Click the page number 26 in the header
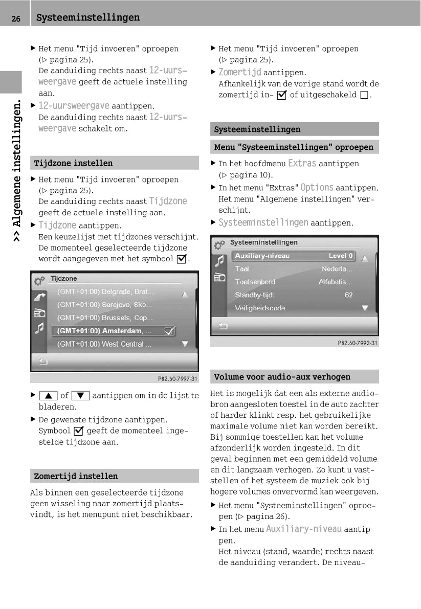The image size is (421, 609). point(16,18)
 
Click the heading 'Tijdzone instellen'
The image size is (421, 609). point(73,163)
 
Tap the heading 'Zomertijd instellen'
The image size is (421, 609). point(76,476)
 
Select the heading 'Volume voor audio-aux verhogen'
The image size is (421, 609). point(282,377)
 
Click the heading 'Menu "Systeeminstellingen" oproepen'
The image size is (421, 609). point(294,147)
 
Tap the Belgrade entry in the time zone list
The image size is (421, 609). point(105,292)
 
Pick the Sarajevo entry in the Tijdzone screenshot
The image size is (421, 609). point(104,305)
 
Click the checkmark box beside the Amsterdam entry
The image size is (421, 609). point(169,331)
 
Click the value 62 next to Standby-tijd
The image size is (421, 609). point(348,295)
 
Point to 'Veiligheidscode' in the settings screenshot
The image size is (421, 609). point(260,308)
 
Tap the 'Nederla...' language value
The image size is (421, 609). point(337,269)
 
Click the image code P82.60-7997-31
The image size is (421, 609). point(177,379)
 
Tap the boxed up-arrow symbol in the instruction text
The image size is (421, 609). point(48,395)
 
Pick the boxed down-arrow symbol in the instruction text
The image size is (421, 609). point(80,395)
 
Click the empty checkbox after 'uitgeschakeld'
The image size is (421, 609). point(364,95)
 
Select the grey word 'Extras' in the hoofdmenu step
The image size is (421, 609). point(302,164)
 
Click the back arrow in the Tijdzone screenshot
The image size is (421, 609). point(43,362)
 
